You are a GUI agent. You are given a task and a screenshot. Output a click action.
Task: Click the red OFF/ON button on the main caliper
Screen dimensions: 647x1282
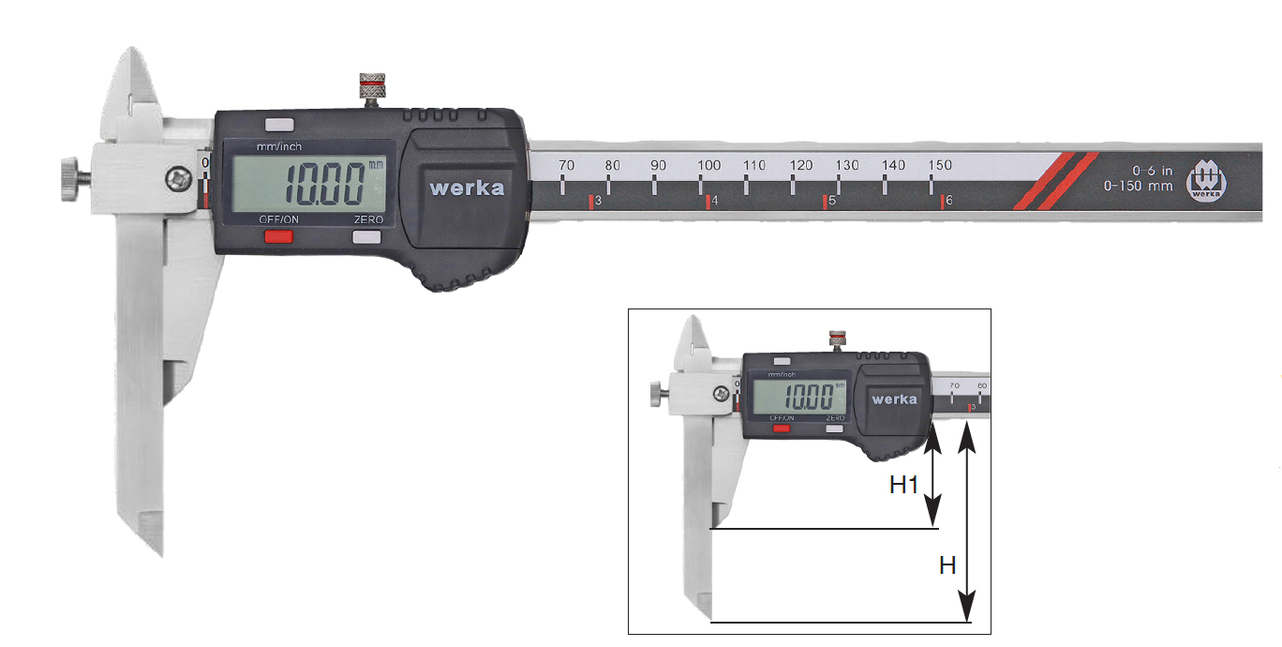point(277,236)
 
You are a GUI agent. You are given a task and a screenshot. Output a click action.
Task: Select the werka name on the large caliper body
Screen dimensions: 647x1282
point(467,188)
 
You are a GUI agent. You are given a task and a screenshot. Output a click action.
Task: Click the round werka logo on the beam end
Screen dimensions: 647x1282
point(1206,182)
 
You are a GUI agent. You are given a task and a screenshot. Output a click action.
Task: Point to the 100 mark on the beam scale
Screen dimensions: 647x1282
point(708,165)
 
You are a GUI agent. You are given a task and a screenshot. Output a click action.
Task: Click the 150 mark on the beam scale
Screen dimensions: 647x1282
point(940,165)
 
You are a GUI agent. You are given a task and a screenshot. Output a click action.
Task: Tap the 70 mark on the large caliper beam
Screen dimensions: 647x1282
point(565,165)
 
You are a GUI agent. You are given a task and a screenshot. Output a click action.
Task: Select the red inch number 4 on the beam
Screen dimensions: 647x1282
point(714,202)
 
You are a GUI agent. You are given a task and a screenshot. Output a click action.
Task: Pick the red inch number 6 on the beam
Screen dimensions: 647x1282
point(948,202)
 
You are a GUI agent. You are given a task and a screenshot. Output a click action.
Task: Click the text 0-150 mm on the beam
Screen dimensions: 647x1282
point(1139,186)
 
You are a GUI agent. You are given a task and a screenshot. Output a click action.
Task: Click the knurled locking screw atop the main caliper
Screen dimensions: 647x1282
point(373,87)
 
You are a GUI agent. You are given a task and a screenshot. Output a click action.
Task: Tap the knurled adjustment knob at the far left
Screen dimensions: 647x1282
point(68,179)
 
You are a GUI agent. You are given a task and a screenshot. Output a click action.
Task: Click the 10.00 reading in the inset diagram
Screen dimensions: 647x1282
point(809,397)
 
